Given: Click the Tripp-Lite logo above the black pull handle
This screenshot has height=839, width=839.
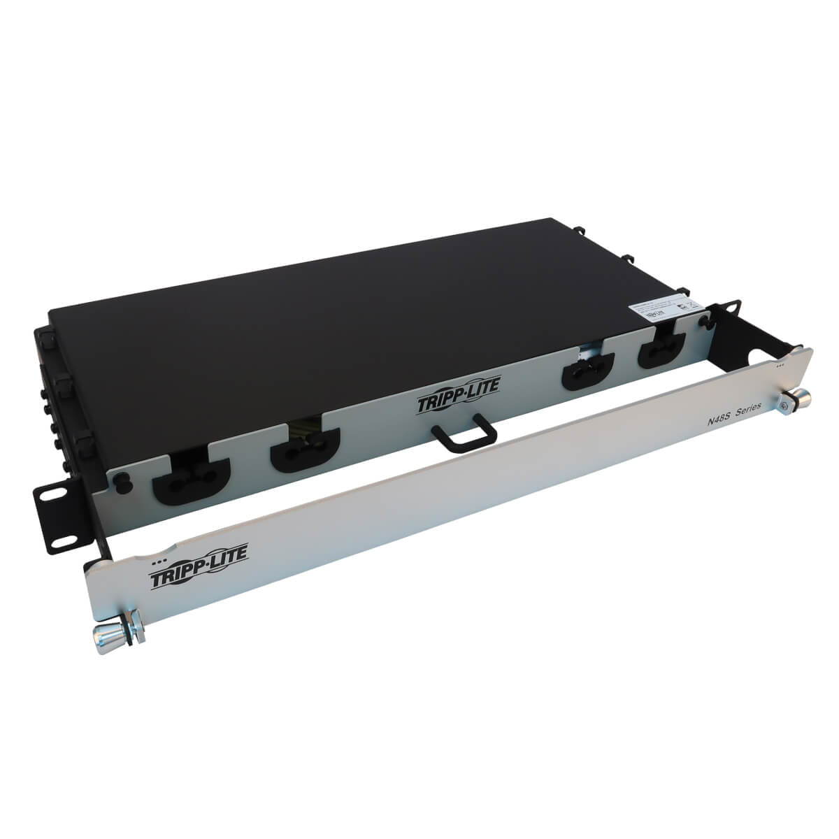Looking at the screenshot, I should [459, 403].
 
